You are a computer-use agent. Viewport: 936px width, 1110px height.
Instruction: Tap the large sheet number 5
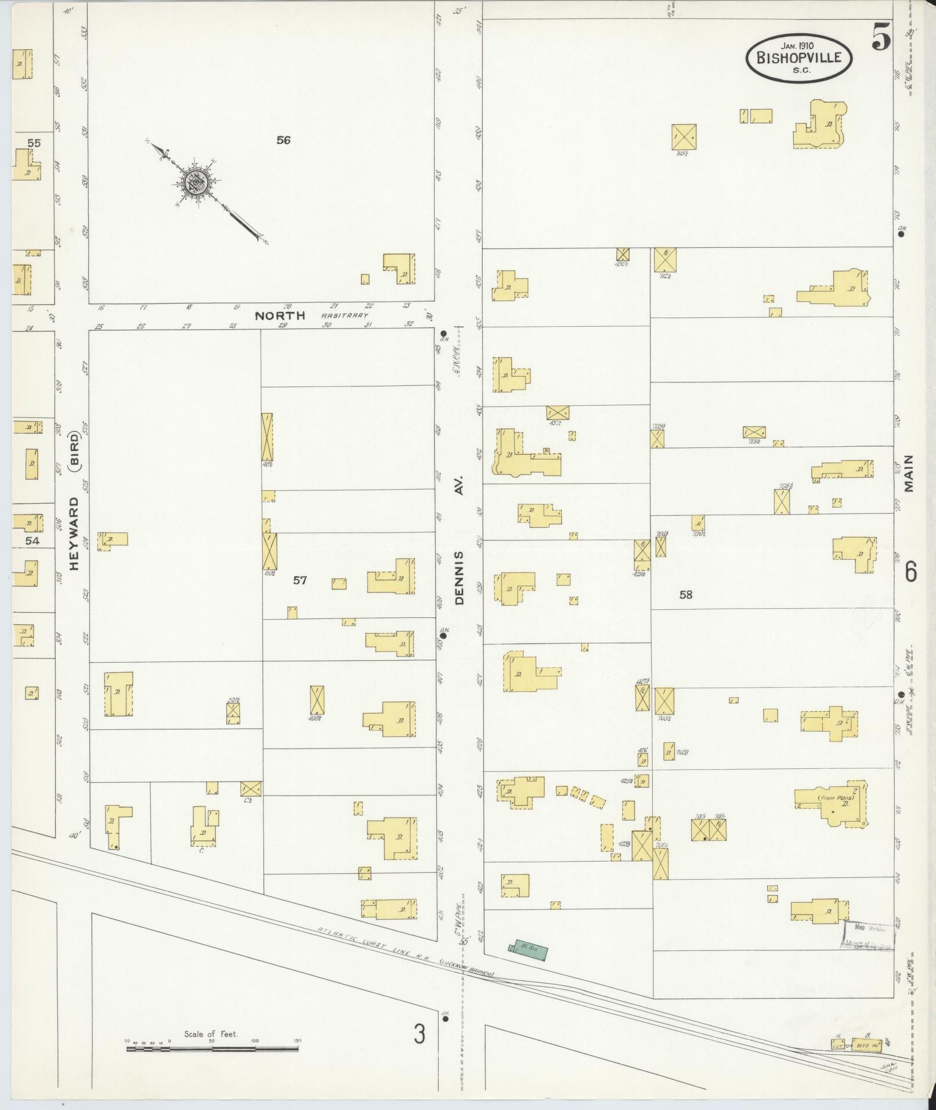880,39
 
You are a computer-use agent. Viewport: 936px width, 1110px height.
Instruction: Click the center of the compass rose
194,183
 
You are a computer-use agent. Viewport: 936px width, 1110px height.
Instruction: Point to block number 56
283,140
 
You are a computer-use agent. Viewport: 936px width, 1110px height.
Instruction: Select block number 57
299,580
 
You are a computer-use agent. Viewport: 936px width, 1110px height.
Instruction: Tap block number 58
686,595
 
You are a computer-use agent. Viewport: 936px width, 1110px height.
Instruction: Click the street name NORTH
280,316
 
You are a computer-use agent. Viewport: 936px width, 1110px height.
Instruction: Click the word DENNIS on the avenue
460,578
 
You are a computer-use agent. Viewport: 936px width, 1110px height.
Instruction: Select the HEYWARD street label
75,533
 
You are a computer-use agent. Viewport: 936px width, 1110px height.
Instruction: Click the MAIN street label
908,473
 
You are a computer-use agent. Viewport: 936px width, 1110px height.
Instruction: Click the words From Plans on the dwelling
834,797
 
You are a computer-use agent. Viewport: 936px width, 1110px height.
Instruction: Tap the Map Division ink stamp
869,935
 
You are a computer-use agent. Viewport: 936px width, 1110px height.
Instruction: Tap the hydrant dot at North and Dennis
443,333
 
